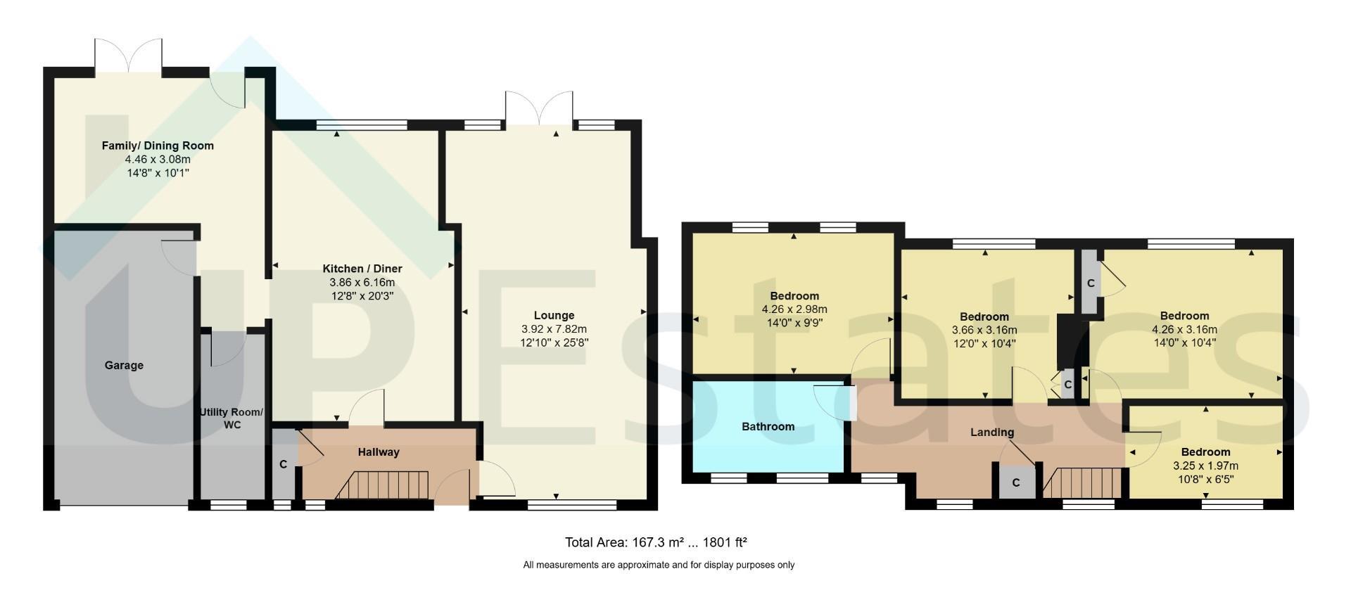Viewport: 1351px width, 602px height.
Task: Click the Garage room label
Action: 124,365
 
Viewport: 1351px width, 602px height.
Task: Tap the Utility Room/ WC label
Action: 231,418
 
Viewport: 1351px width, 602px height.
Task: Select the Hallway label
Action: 379,452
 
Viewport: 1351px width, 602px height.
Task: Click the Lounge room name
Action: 554,316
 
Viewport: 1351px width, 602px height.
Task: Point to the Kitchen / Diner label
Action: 362,269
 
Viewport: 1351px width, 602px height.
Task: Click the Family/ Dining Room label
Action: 158,146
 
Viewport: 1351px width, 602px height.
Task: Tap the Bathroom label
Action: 768,426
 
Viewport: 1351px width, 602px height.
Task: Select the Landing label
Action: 992,432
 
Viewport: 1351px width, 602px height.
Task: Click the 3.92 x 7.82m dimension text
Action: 554,329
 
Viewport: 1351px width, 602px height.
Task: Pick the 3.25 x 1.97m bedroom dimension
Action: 1205,466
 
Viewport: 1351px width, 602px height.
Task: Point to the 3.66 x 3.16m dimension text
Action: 984,330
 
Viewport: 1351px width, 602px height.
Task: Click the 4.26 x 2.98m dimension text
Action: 794,309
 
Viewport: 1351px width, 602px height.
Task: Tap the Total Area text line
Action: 656,542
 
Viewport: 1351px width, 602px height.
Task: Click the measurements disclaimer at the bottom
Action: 659,565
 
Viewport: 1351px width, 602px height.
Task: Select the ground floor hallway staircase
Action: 383,485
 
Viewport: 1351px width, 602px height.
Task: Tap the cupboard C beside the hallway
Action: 283,463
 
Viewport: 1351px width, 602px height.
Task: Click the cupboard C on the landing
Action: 1016,482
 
